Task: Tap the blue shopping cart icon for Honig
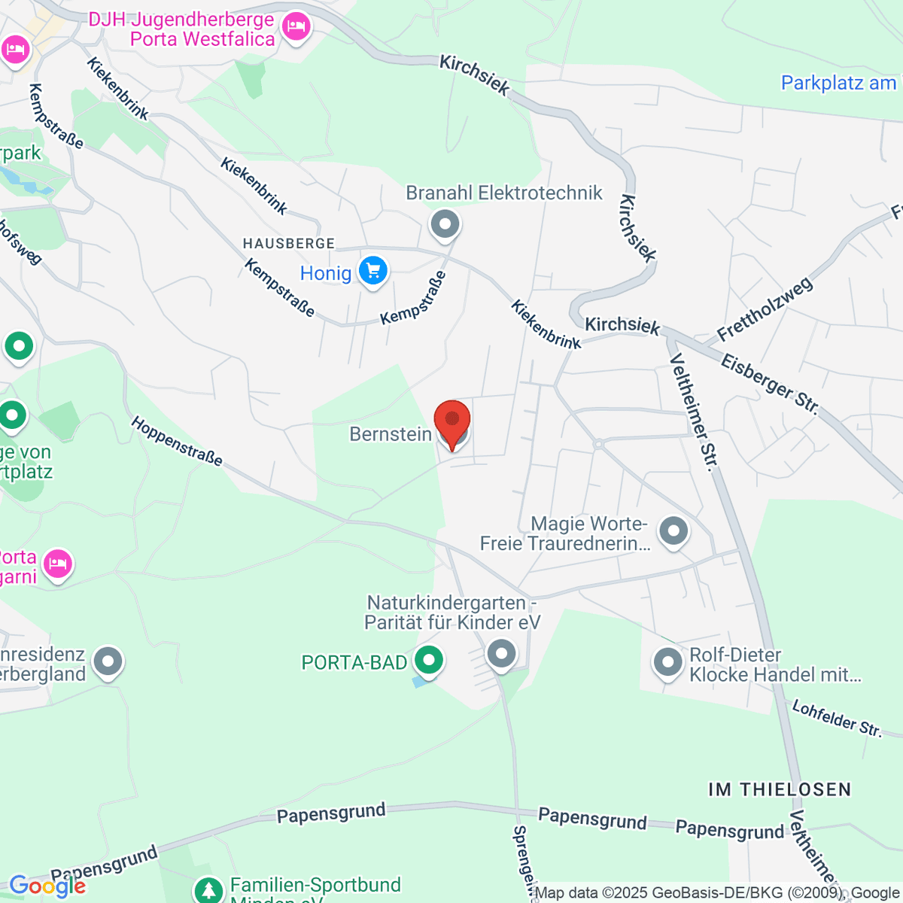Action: click(x=372, y=271)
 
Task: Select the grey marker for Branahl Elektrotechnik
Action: click(x=445, y=223)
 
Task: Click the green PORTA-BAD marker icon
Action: click(x=428, y=661)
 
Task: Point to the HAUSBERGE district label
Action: click(x=288, y=244)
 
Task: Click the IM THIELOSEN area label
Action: click(x=780, y=789)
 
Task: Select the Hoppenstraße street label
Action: click(x=177, y=441)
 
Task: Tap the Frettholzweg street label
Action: click(x=765, y=309)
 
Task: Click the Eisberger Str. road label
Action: click(x=770, y=384)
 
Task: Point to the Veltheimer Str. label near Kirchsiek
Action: click(x=692, y=412)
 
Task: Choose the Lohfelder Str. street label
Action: click(x=837, y=718)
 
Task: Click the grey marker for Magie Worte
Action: click(x=673, y=531)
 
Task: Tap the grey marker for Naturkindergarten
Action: click(x=501, y=652)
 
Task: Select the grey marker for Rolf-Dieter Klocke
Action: click(x=667, y=663)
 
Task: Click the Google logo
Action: click(x=47, y=886)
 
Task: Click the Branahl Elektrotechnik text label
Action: click(x=504, y=193)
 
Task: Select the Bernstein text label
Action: click(x=391, y=433)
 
